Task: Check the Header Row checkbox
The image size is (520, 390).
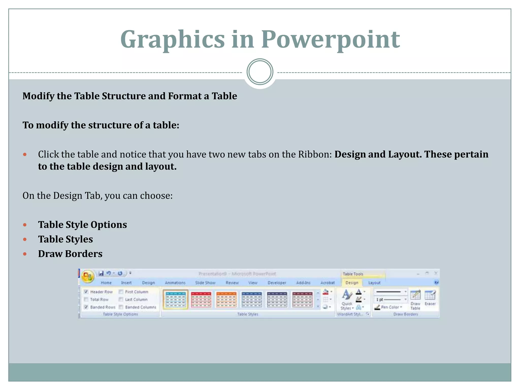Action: pyautogui.click(x=86, y=292)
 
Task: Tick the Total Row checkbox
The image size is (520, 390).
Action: pyautogui.click(x=86, y=299)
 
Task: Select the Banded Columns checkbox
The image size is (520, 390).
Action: pyautogui.click(x=121, y=307)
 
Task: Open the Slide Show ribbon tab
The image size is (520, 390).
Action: pyautogui.click(x=205, y=283)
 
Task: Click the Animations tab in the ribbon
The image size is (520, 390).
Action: pyautogui.click(x=175, y=283)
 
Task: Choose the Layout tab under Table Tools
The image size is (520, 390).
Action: pyautogui.click(x=374, y=283)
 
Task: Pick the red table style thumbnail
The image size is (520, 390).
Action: pyautogui.click(x=201, y=300)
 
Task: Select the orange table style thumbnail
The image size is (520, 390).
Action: pyautogui.click(x=226, y=300)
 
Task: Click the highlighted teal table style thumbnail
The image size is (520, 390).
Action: pyautogui.click(x=175, y=300)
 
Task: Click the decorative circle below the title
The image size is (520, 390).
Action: pyautogui.click(x=260, y=72)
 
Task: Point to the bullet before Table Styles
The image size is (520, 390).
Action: pyautogui.click(x=25, y=239)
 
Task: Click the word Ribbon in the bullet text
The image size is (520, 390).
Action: pyautogui.click(x=315, y=154)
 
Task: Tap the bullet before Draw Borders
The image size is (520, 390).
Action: pyautogui.click(x=25, y=254)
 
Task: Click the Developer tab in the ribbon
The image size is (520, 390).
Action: pyautogui.click(x=277, y=283)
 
